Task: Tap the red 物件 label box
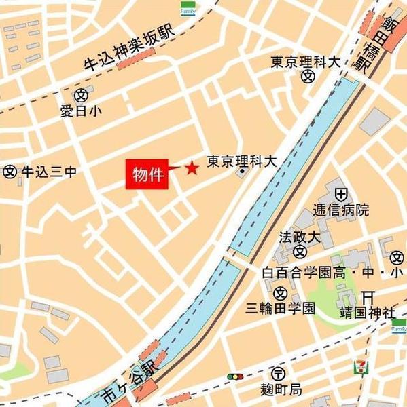click(x=146, y=174)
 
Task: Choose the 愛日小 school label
click(x=81, y=109)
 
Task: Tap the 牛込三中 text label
click(x=48, y=172)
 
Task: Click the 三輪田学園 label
click(x=281, y=308)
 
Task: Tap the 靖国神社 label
click(x=368, y=313)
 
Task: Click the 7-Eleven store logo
click(x=357, y=367)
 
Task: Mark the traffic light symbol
click(x=236, y=376)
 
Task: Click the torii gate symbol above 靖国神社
click(x=368, y=297)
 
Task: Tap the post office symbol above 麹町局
click(x=277, y=374)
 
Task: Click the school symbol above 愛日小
click(x=81, y=94)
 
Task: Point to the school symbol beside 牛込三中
click(x=10, y=172)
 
